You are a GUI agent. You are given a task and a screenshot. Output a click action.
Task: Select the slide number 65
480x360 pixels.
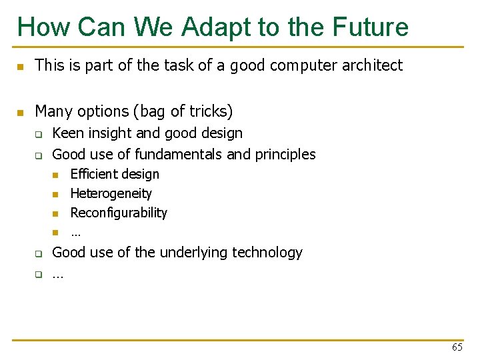coord(457,347)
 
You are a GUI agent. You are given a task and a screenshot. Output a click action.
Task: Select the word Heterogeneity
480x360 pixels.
coord(111,193)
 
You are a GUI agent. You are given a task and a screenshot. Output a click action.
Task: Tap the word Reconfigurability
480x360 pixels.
coord(119,213)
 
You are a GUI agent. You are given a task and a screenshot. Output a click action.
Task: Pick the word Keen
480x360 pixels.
coord(67,133)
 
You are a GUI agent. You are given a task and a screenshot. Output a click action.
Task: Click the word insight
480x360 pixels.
coord(109,133)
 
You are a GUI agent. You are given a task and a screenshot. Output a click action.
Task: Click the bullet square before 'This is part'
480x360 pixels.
coord(21,67)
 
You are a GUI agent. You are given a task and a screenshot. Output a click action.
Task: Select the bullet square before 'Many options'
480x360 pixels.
coord(21,112)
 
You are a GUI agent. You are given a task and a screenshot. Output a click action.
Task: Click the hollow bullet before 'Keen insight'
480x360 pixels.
coord(39,135)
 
